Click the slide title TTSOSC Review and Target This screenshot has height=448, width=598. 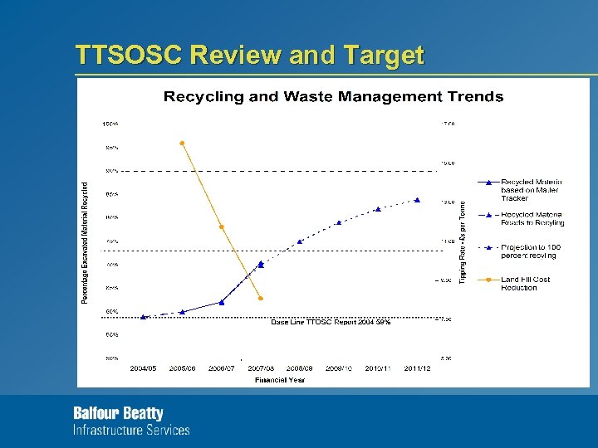coord(249,55)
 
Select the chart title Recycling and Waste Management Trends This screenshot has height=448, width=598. coord(333,97)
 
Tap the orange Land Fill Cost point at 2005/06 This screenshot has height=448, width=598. coord(182,144)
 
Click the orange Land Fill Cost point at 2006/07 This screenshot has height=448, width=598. coord(221,226)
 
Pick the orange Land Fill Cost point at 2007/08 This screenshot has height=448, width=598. coord(261,298)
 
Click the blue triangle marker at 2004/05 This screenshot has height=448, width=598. coord(143,317)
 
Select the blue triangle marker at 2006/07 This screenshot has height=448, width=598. coord(221,302)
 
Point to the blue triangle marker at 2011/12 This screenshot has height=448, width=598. coord(417,200)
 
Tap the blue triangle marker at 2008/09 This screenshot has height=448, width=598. coord(300,241)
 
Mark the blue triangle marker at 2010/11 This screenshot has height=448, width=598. coord(378,209)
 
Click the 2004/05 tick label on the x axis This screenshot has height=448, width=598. coord(143,368)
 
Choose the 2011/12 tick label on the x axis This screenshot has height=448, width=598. coord(417,368)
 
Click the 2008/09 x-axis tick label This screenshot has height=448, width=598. coord(300,368)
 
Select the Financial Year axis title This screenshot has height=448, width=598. coord(280,380)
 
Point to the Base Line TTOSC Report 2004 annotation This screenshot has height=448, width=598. coord(331,322)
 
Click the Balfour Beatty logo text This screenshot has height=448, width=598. coord(119,413)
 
